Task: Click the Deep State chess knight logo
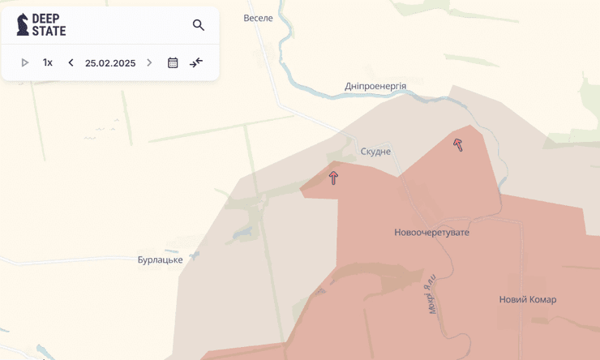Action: click(x=23, y=24)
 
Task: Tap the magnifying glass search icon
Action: click(x=199, y=25)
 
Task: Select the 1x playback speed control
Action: click(x=48, y=62)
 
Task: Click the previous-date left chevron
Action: click(x=71, y=62)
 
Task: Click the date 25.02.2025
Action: click(x=110, y=62)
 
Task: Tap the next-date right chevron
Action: click(x=149, y=62)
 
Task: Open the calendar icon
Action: click(x=173, y=62)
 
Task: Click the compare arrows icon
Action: click(x=196, y=62)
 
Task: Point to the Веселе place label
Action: click(x=259, y=18)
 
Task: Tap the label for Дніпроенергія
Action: click(x=375, y=86)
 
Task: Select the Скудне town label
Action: click(x=375, y=152)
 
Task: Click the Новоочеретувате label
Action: click(x=431, y=233)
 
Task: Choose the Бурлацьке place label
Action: click(x=161, y=259)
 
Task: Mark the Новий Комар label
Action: click(x=528, y=299)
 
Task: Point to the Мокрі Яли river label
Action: click(x=431, y=294)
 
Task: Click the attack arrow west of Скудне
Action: click(x=333, y=177)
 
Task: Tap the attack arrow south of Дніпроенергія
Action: click(x=458, y=144)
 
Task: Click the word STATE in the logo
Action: click(x=49, y=31)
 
